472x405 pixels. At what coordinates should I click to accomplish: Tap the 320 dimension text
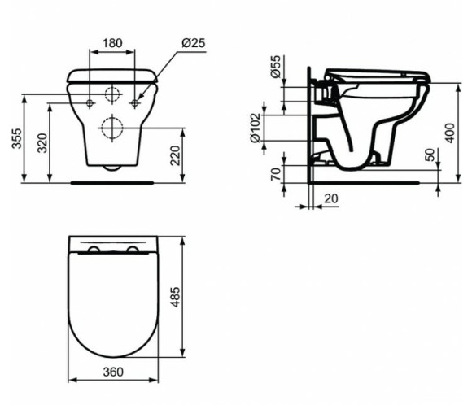[42, 143]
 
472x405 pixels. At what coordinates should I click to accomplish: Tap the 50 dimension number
[429, 155]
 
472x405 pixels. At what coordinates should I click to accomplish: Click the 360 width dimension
[113, 372]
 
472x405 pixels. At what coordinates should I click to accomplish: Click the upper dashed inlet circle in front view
[112, 93]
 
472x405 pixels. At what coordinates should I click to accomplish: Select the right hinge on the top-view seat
[132, 249]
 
